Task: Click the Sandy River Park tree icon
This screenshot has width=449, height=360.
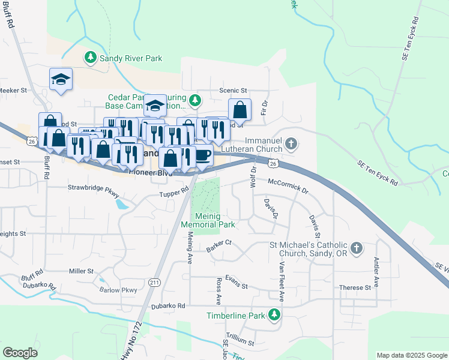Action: click(x=90, y=58)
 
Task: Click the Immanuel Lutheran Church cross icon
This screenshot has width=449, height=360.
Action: click(x=291, y=143)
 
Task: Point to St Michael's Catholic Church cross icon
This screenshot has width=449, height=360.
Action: click(x=357, y=248)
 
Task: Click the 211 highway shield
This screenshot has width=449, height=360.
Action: click(x=154, y=283)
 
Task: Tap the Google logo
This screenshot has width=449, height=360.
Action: click(x=20, y=353)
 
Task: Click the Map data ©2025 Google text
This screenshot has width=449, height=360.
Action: click(x=411, y=355)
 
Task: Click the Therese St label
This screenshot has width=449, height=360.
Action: click(x=351, y=288)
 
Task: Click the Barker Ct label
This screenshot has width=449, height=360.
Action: click(x=218, y=245)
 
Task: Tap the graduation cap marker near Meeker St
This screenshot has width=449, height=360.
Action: click(x=61, y=79)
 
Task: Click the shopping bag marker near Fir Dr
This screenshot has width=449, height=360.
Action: click(x=240, y=110)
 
